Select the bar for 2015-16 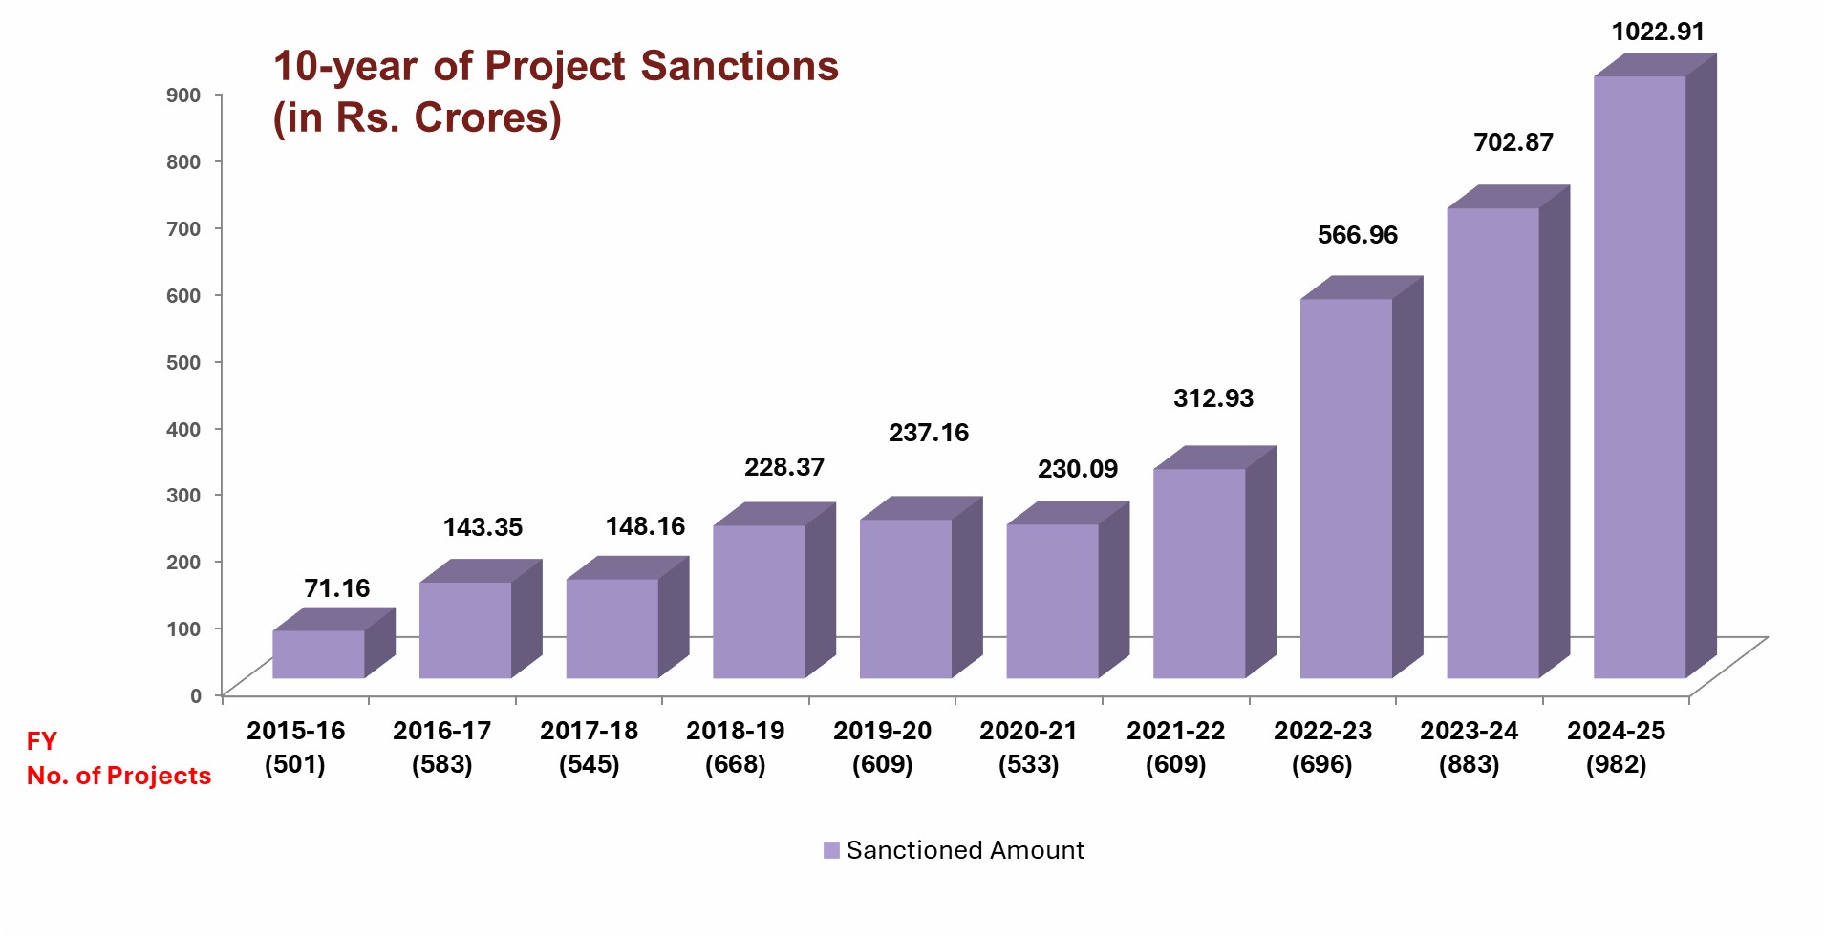click(318, 654)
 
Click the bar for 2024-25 click(1640, 377)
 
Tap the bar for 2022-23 click(1345, 489)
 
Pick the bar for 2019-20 click(906, 599)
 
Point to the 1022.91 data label click(1658, 32)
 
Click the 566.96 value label click(1357, 235)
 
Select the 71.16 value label click(336, 588)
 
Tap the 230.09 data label click(1078, 469)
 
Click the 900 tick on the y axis click(183, 95)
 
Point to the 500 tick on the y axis click(183, 362)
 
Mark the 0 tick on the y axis click(195, 695)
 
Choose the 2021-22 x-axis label click(1175, 731)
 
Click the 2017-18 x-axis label click(589, 731)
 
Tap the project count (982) click(1616, 765)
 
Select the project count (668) click(735, 765)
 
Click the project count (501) click(294, 765)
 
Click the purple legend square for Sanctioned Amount click(831, 851)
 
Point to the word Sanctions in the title click(739, 67)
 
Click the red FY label click(42, 741)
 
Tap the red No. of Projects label click(118, 776)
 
